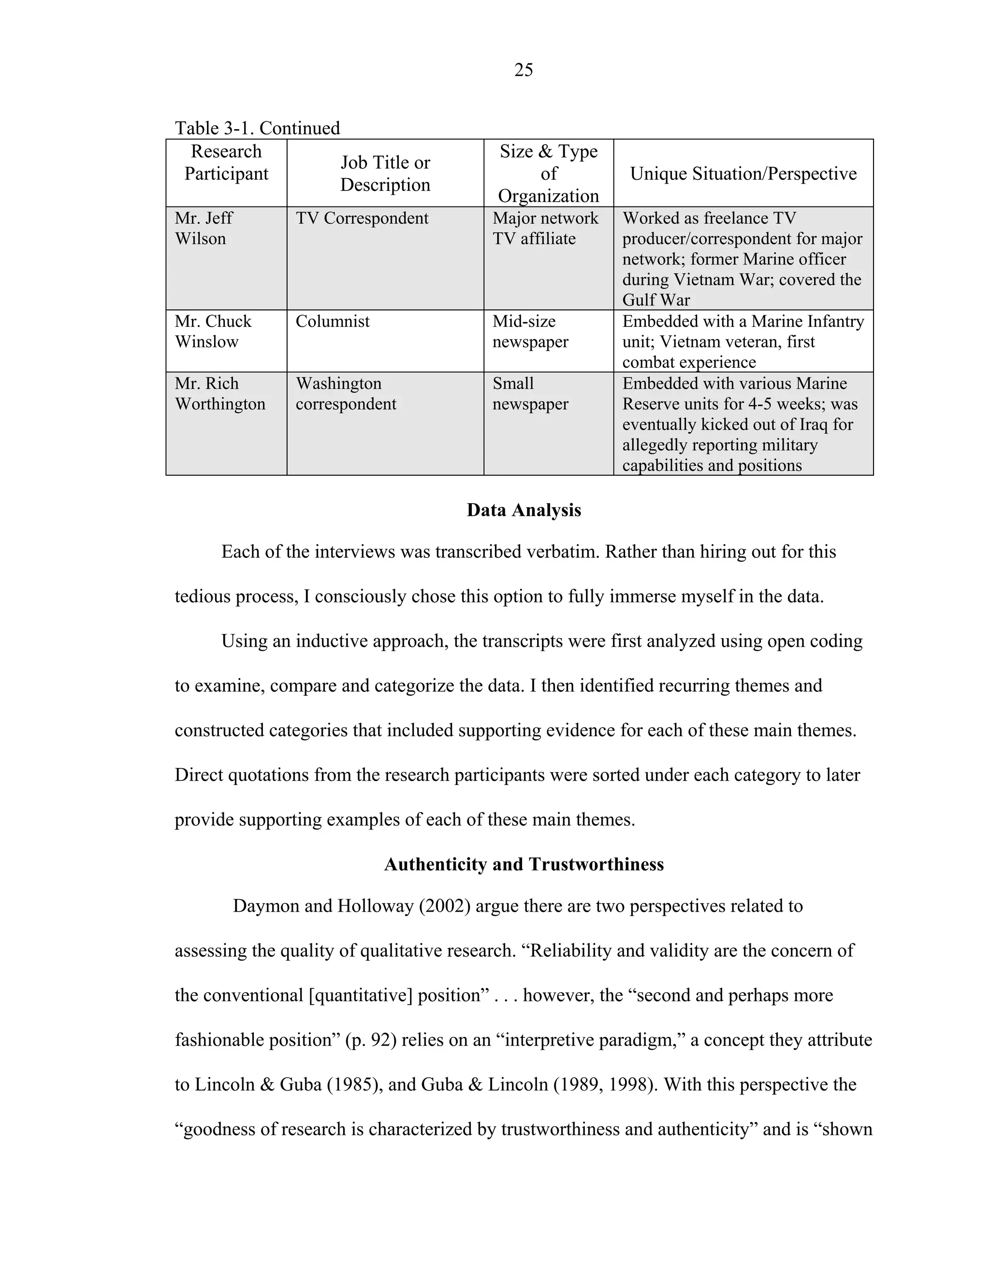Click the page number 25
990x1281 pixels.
click(x=523, y=71)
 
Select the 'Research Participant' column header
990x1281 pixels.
click(x=226, y=162)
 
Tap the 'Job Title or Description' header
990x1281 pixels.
click(x=385, y=174)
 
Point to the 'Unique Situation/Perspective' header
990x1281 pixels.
click(x=743, y=174)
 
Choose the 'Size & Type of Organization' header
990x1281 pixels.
click(x=548, y=174)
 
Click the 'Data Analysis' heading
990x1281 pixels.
click(x=524, y=510)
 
